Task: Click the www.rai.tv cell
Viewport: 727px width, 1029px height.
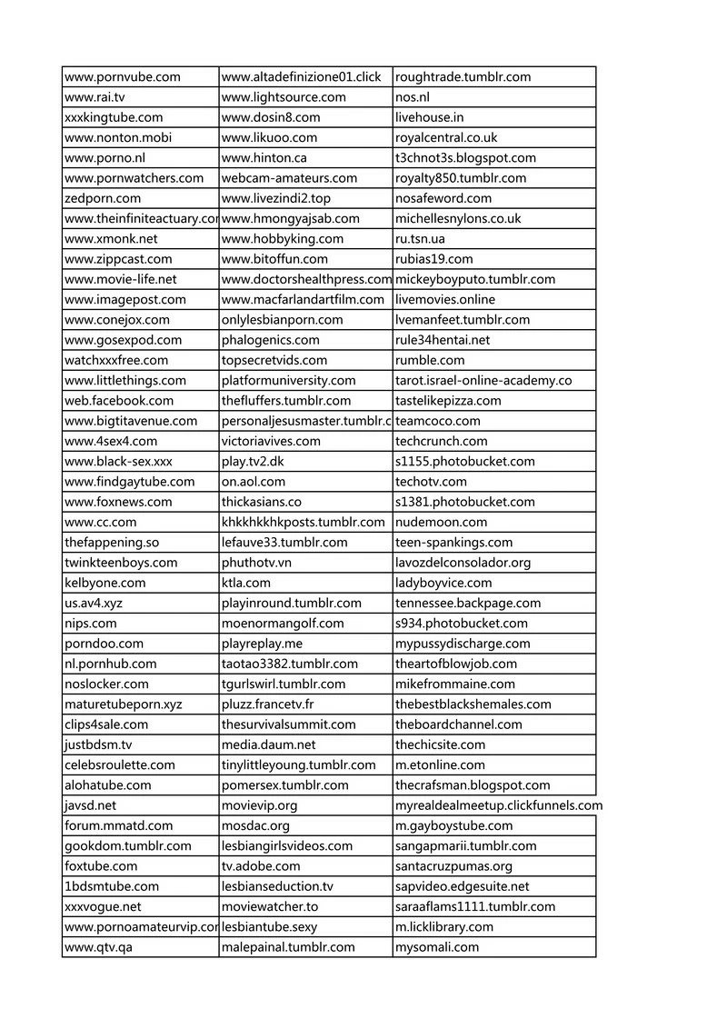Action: [x=95, y=97]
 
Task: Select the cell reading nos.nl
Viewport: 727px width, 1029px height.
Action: [x=413, y=97]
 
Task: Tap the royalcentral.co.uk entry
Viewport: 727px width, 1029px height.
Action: [x=445, y=138]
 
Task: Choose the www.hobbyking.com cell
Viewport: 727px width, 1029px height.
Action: [x=282, y=239]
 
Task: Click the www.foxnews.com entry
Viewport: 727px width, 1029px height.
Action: [x=118, y=502]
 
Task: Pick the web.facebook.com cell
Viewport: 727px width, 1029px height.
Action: [x=119, y=401]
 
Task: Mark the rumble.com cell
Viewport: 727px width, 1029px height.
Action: [x=429, y=360]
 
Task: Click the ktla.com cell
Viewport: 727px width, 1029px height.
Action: [x=245, y=583]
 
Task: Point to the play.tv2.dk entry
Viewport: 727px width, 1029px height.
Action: [x=253, y=462]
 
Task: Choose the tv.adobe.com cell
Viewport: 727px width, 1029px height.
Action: [x=260, y=866]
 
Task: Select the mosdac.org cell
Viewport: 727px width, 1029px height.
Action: [x=255, y=826]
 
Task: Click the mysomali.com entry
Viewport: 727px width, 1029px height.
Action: [x=436, y=947]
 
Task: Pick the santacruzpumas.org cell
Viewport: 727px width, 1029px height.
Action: [x=453, y=866]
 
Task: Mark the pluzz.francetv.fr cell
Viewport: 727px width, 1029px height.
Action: [x=268, y=704]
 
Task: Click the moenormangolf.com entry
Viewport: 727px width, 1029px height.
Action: [x=283, y=624]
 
